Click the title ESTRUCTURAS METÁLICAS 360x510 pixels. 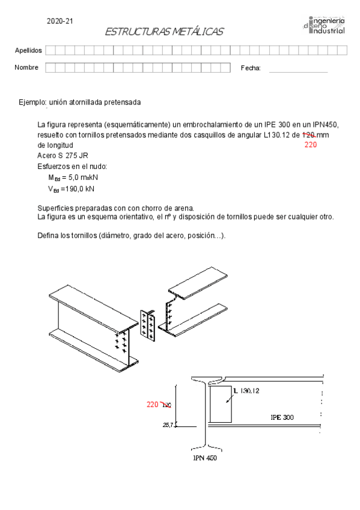click(163, 31)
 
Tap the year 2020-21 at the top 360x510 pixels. click(59, 22)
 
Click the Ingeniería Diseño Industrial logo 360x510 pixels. click(324, 25)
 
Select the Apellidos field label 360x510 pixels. click(28, 50)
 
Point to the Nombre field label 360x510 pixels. click(26, 67)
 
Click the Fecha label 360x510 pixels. click(251, 68)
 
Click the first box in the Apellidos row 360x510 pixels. click(49, 50)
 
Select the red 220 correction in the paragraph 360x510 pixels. click(310, 145)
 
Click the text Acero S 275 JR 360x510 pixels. click(63, 156)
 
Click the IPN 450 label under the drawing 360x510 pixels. click(204, 458)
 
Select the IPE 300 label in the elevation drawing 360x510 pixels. click(282, 417)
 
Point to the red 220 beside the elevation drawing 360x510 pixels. click(153, 404)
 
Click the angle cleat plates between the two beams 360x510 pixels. click(147, 326)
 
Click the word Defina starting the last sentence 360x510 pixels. click(48, 235)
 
